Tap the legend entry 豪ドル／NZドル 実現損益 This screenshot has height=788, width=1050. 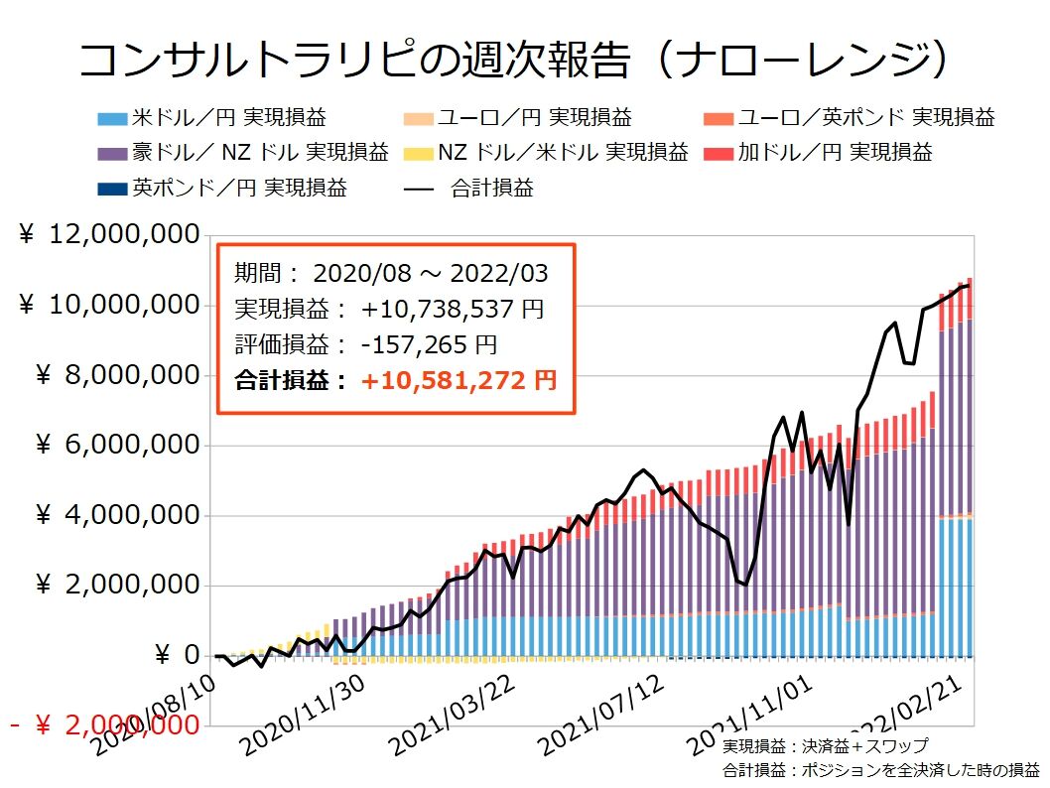pyautogui.click(x=242, y=153)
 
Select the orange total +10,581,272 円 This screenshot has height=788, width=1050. pyautogui.click(x=459, y=380)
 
